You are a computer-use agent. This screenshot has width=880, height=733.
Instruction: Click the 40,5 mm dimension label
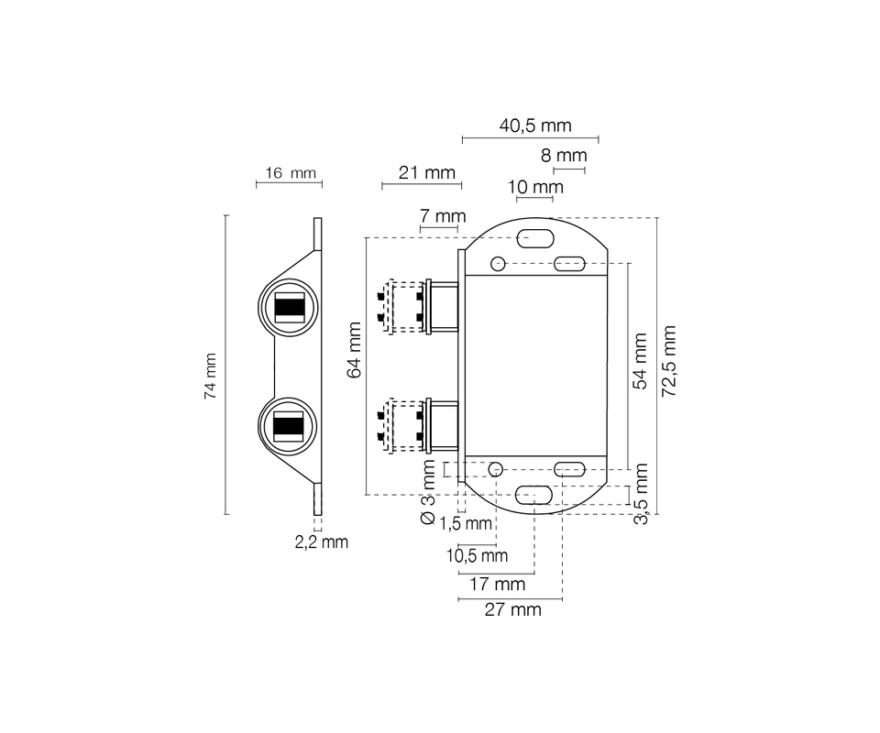coord(535,126)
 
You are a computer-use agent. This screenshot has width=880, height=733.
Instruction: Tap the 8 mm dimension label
coord(564,156)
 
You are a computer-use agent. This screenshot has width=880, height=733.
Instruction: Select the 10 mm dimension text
coord(535,187)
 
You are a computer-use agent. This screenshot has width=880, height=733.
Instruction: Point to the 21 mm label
coord(427,173)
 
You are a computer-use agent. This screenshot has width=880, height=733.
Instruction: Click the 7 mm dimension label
coord(443,216)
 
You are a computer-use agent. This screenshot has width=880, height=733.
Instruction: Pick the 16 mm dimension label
coord(291,173)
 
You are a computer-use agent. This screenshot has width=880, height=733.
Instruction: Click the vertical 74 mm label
coord(211,376)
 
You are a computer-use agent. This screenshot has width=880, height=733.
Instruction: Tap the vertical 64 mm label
coord(354,350)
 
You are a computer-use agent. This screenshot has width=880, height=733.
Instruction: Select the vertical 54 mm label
coord(641,361)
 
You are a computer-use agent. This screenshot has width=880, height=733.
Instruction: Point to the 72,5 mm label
coord(668,361)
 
